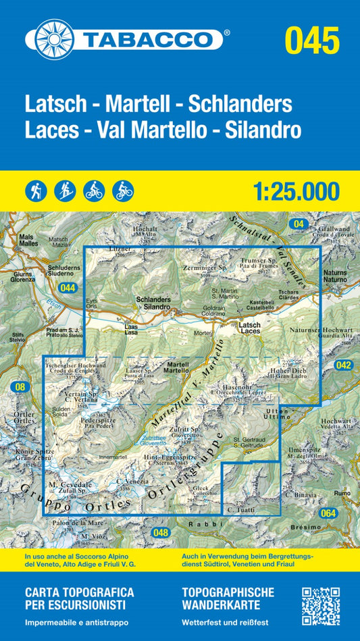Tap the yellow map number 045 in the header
tap(311, 41)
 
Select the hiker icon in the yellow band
tap(36, 190)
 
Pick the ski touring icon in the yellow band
tap(64, 190)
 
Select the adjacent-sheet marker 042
tap(344, 365)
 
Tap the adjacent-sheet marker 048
tap(161, 533)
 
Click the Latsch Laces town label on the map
tap(250, 328)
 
